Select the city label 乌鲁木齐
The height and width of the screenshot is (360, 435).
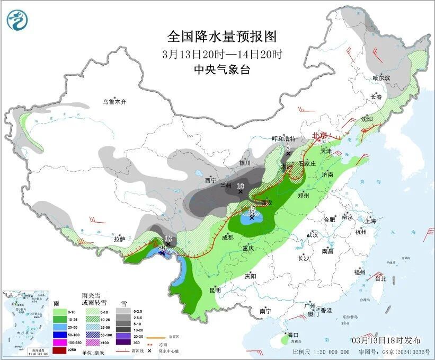click(115, 102)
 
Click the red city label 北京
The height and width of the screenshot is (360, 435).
click(320, 135)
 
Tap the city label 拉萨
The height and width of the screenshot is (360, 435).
click(120, 239)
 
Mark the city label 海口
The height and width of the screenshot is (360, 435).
click(293, 335)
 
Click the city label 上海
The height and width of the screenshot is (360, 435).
click(370, 221)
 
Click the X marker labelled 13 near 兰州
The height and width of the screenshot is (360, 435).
click(241, 191)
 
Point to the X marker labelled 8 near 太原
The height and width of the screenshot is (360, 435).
click(289, 154)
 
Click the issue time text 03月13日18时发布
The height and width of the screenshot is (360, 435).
click(387, 340)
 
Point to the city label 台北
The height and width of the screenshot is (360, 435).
click(380, 278)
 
